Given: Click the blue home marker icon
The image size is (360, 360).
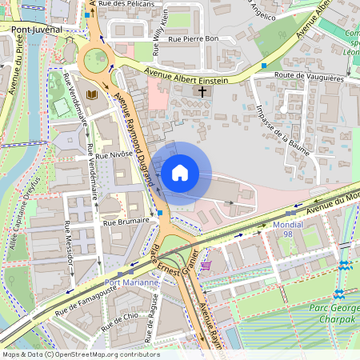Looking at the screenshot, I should pyautogui.click(x=180, y=172).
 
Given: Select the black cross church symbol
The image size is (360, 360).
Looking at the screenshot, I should pyautogui.click(x=202, y=93).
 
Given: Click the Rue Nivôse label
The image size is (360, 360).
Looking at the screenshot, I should pyautogui.click(x=116, y=152).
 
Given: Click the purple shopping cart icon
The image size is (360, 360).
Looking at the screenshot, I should pyautogui.click(x=207, y=266).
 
